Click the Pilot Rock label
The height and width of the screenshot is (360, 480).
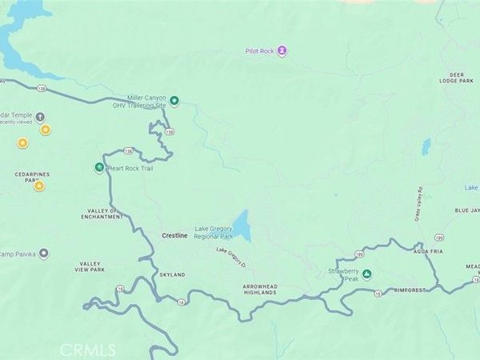pyautogui.click(x=260, y=51)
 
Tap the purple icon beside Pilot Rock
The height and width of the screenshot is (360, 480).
pyautogui.click(x=282, y=51)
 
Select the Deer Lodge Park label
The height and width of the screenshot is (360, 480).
pyautogui.click(x=458, y=78)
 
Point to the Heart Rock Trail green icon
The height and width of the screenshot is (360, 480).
pyautogui.click(x=99, y=168)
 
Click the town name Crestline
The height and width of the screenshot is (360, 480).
pyautogui.click(x=174, y=236)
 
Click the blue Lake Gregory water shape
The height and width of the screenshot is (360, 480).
pyautogui.click(x=241, y=226)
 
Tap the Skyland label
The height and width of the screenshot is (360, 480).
pyautogui.click(x=172, y=274)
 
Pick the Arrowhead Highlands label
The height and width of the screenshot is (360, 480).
pyautogui.click(x=259, y=289)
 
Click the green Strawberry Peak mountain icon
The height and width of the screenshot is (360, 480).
pyautogui.click(x=367, y=274)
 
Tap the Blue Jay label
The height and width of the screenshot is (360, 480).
pyautogui.click(x=467, y=210)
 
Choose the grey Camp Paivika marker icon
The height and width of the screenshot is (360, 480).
pyautogui.click(x=45, y=254)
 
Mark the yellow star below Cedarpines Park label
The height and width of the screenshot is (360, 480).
pyautogui.click(x=39, y=186)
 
